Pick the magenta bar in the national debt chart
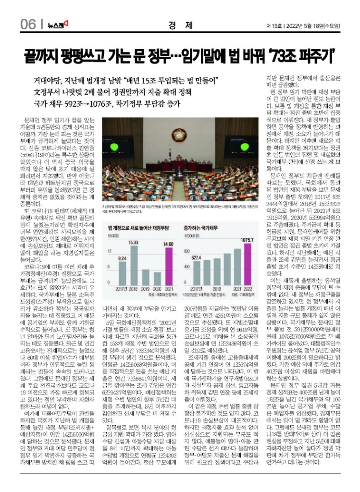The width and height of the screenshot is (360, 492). click(248, 265)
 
